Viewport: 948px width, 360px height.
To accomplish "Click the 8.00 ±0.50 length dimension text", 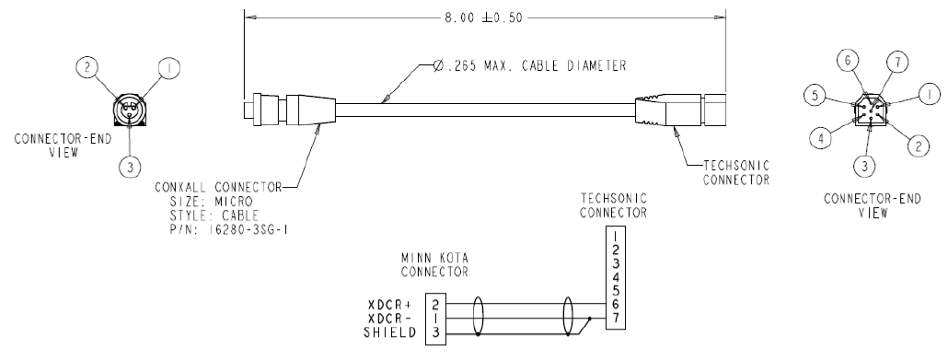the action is coord(483,18).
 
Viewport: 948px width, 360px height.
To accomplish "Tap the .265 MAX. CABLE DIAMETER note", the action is coord(529,65).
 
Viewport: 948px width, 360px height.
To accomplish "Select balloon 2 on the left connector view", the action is coord(87,67).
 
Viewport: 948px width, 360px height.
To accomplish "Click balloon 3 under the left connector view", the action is coord(130,166).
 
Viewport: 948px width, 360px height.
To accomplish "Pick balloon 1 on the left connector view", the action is coord(169,68).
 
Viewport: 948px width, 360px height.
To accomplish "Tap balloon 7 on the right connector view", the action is coord(897,63).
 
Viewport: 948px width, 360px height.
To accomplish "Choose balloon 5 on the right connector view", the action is coord(815,96).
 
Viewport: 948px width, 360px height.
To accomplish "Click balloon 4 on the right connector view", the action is coord(821,138).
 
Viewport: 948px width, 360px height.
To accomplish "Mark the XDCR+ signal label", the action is coord(392,305).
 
